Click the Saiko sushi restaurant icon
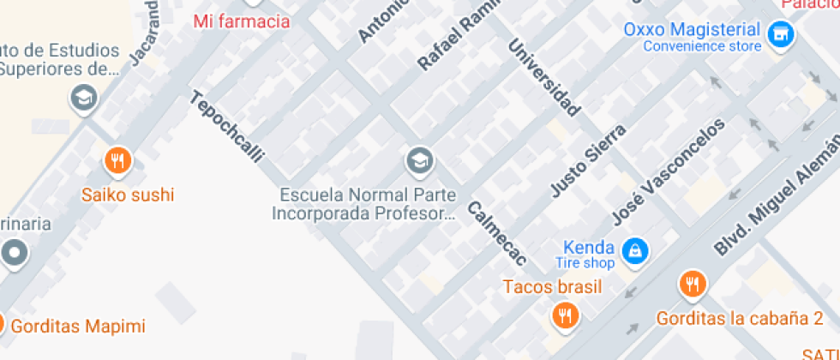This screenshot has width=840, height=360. click(118, 160)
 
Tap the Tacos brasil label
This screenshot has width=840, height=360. click(552, 286)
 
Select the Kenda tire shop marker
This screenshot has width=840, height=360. click(635, 251)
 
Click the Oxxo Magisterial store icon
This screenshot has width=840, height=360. click(779, 35)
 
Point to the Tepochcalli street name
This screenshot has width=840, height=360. click(226, 127)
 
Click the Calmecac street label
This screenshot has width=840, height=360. click(496, 232)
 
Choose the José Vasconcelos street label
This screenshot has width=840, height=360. click(668, 171)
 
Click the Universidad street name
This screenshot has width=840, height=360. click(544, 77)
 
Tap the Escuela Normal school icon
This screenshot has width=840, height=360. click(419, 159)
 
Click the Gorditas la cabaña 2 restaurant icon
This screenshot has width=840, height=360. click(692, 284)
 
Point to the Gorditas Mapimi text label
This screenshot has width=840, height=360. click(79, 327)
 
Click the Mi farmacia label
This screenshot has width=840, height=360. click(242, 21)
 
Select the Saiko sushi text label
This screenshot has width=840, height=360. click(128, 195)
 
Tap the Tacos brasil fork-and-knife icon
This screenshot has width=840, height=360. click(564, 315)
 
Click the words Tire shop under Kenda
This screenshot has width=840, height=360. click(585, 263)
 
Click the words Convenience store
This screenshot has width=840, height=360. click(703, 46)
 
